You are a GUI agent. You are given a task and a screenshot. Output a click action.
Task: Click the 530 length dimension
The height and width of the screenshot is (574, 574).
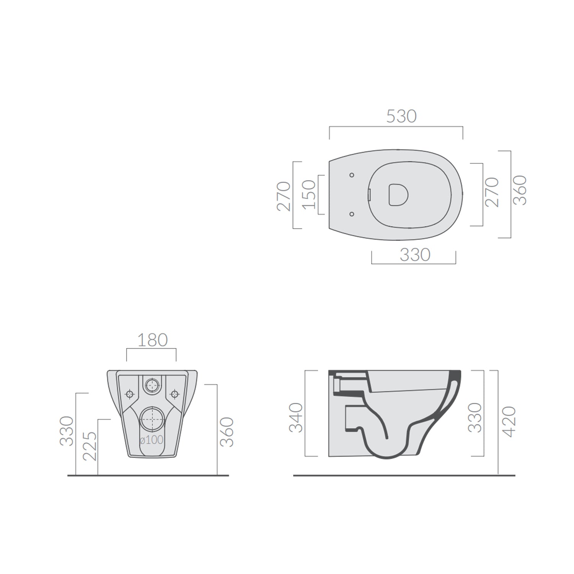pos(401,116)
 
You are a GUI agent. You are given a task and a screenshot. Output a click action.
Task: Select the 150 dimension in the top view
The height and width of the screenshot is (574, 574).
pos(309,195)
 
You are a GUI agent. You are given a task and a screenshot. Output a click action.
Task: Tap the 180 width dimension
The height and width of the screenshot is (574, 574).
pos(152,340)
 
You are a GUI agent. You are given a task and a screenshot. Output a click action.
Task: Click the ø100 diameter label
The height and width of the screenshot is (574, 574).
pos(152,440)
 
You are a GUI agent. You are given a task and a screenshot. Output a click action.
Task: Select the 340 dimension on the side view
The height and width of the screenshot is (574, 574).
pos(296,417)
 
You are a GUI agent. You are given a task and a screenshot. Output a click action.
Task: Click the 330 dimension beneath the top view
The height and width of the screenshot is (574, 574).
pos(415,255)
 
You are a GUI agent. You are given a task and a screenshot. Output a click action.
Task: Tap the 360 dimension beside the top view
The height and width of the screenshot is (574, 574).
pos(520,190)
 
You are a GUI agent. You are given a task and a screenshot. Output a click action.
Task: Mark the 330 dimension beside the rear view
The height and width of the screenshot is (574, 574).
pos(67,431)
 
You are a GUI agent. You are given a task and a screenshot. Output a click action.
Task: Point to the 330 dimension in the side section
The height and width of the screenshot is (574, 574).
pos(475,417)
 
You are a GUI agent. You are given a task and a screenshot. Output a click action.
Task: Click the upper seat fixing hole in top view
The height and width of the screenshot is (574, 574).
pos(352,175)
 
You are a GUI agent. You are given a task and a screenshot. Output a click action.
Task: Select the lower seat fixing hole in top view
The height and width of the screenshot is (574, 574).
pos(352,214)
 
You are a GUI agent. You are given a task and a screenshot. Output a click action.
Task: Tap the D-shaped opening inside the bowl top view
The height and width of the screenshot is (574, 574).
pos(398,194)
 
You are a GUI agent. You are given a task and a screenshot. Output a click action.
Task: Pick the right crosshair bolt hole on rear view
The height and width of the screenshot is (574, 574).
pos(175,393)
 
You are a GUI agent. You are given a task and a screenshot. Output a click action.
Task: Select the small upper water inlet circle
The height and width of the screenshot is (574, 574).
pos(152,384)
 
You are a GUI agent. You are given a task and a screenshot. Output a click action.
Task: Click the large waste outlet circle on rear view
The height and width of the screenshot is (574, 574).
pos(152,419)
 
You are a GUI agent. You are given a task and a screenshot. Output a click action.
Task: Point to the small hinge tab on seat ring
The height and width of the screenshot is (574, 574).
pos(369,195)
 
